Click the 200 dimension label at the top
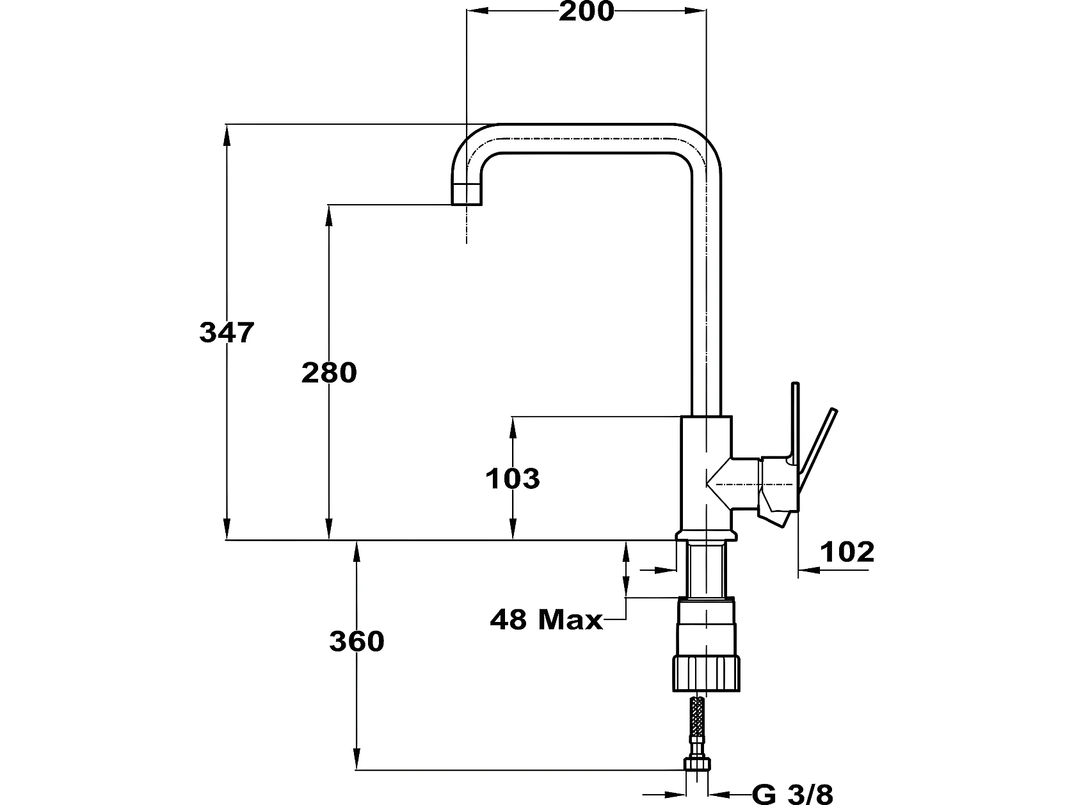[586, 12]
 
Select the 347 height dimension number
[227, 333]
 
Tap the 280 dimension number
[329, 373]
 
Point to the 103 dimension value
[512, 479]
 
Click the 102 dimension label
[847, 552]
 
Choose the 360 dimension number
[357, 641]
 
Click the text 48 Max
[546, 620]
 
